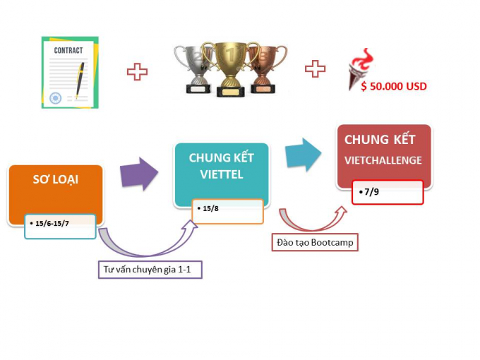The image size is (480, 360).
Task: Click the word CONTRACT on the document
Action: (68, 50)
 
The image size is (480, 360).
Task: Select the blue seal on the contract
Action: (55, 98)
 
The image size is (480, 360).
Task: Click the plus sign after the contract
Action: (137, 72)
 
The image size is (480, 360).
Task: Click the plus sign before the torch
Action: (315, 68)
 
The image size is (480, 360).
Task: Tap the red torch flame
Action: (364, 59)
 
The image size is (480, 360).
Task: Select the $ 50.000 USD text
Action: (394, 86)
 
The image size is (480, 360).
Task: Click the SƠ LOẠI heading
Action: (55, 180)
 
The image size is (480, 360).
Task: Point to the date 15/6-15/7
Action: (52, 224)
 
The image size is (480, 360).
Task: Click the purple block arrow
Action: (139, 174)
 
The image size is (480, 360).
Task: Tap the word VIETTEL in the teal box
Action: (222, 174)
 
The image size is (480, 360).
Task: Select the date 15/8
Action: (210, 208)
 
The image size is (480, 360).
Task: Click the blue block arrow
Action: (304, 154)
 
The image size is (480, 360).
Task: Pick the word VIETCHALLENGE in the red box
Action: (383, 160)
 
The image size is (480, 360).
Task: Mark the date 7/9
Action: (371, 192)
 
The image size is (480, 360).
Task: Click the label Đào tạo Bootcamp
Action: (315, 243)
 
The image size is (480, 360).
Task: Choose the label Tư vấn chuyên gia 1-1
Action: (147, 270)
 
